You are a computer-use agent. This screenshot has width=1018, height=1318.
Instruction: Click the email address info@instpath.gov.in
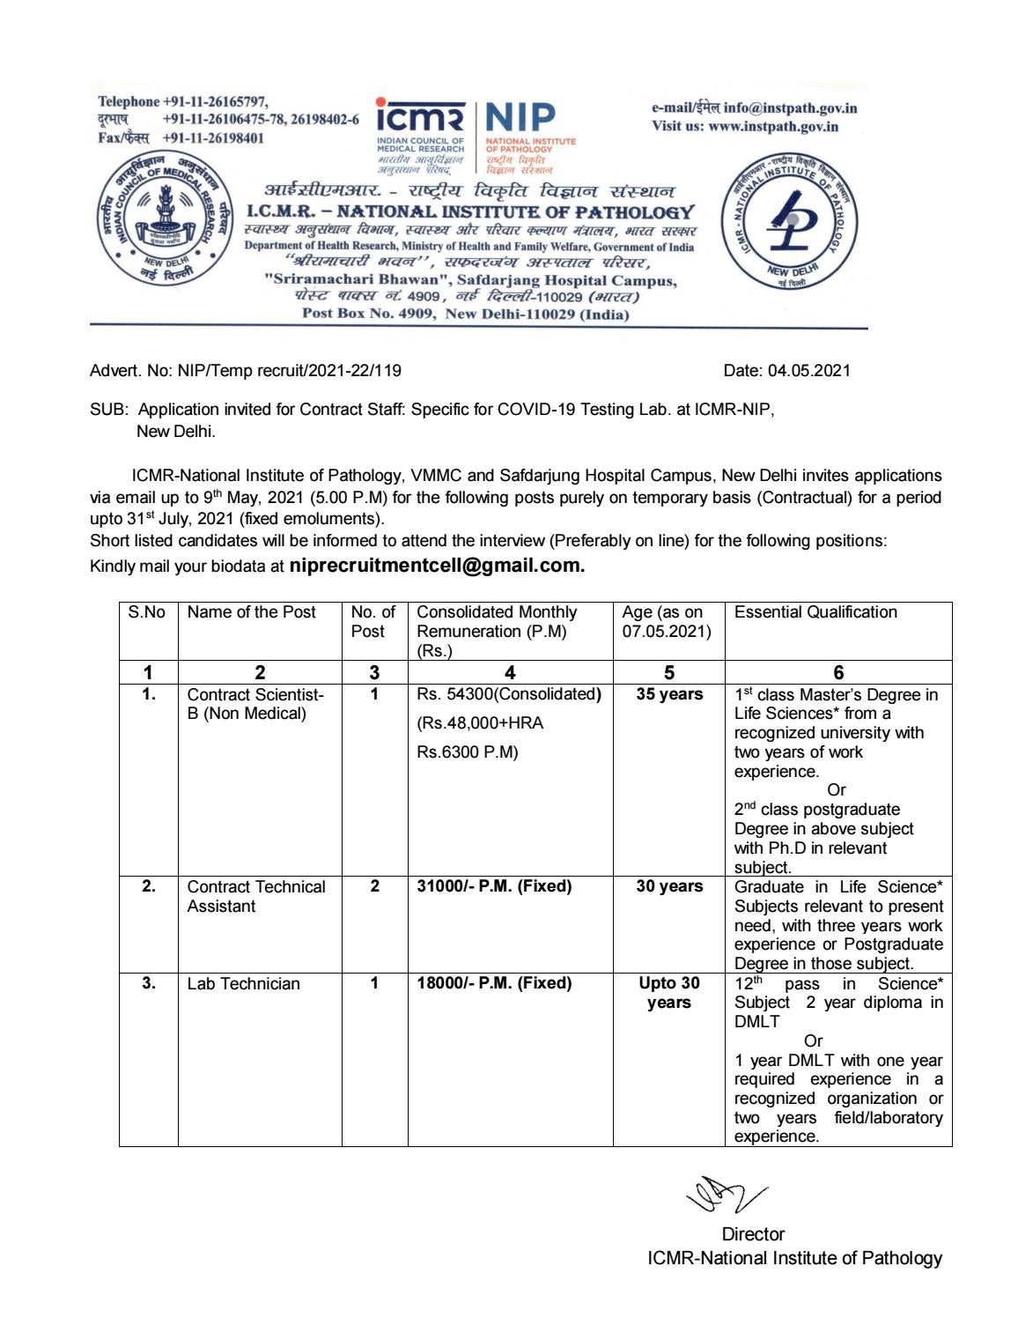(790, 108)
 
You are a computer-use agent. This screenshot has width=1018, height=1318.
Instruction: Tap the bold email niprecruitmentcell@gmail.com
(437, 566)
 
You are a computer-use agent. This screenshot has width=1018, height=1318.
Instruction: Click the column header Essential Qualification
(815, 612)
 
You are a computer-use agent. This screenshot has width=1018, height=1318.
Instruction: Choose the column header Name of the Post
(251, 612)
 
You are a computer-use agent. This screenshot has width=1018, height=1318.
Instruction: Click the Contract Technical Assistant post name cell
(256, 896)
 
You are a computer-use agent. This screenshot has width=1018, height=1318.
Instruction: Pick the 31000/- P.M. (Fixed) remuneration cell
(494, 886)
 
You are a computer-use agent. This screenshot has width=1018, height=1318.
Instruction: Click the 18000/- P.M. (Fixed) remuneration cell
(494, 983)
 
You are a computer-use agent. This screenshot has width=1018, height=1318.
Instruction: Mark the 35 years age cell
(669, 694)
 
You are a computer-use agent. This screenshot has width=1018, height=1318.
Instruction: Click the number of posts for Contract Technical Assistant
(374, 886)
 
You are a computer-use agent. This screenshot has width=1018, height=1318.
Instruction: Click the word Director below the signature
(752, 1234)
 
